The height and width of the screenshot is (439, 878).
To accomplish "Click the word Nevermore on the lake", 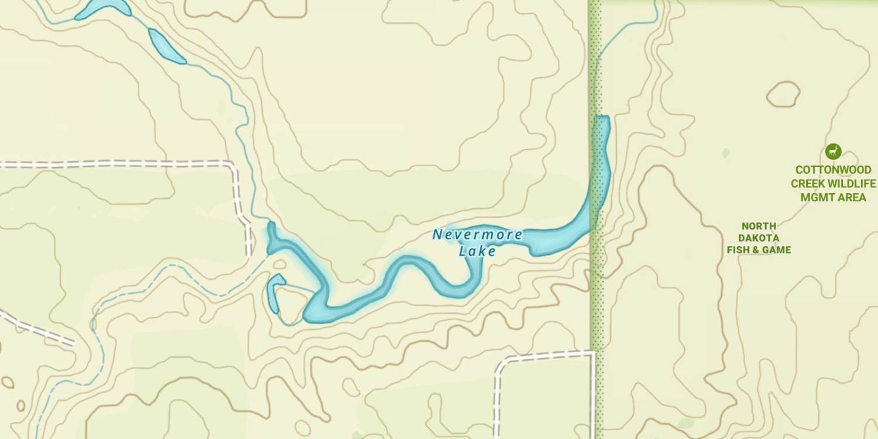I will click(x=478, y=235).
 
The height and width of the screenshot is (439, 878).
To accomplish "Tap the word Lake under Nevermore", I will click(x=478, y=251).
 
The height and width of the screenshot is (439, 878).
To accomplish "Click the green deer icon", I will click(x=833, y=152).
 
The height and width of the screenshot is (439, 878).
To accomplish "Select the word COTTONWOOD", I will click(x=833, y=170).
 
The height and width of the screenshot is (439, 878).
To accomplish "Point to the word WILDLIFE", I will click(x=854, y=184).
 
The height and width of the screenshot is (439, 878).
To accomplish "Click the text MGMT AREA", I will click(x=833, y=197).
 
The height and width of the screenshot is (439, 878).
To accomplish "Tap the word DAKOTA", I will click(x=759, y=238).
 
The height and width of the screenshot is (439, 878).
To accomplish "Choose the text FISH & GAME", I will click(x=759, y=250).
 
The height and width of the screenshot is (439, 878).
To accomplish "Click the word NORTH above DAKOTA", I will click(x=759, y=226).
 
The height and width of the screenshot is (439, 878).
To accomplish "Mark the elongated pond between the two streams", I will click(x=166, y=46).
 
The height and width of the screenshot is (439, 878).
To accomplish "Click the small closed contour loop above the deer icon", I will click(x=783, y=94).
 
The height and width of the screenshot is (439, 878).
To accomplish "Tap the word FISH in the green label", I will click(x=739, y=250).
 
